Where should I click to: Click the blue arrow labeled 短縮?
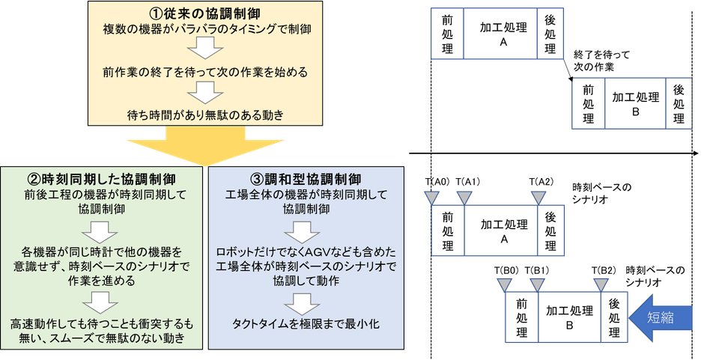coord(662,317)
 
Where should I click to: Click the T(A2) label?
coord(540,182)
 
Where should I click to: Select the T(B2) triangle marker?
coord(601,284)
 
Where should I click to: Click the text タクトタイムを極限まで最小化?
coord(306,323)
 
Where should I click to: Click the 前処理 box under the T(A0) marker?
coord(449,231)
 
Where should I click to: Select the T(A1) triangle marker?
coord(465,198)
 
